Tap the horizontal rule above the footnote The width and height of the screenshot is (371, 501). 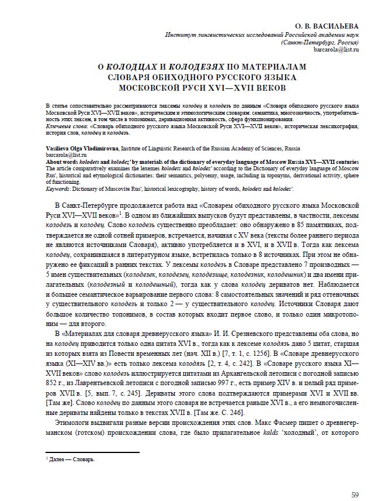tap(92, 452)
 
